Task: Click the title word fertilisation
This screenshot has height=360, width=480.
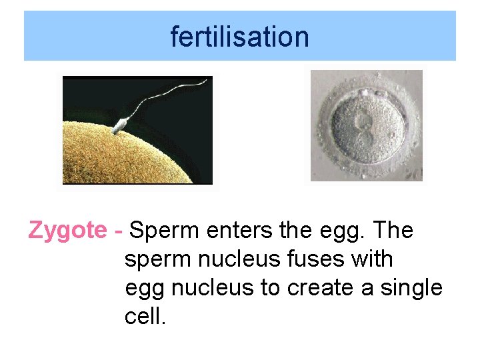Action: [239, 36]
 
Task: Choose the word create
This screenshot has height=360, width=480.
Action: [321, 288]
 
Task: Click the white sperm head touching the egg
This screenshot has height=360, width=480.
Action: [121, 125]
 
